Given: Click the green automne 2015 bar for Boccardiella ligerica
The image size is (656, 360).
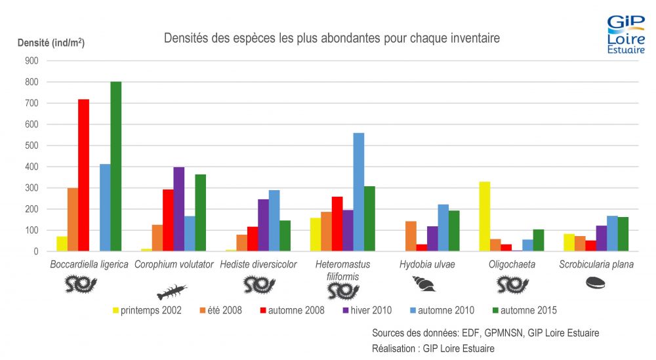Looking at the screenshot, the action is pos(116,167).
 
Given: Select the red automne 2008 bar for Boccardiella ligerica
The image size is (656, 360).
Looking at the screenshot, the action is pos(84,175).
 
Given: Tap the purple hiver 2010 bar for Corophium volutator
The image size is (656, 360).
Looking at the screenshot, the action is pos(179,209).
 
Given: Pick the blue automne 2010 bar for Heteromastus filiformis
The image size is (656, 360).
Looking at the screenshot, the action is pos(359,192).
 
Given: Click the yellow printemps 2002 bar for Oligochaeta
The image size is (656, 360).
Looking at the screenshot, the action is pos(485,216).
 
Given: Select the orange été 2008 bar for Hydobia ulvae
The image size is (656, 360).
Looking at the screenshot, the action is pos(411,236).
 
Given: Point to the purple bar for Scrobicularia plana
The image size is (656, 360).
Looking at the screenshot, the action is pos(601,238).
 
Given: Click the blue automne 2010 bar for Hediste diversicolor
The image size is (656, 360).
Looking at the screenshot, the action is pos(274,221).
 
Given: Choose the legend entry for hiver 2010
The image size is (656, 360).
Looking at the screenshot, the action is pos(367,310).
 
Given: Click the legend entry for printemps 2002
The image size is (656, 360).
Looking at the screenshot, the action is pos(147,310).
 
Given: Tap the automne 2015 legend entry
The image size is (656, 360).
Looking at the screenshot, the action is pos(525,310).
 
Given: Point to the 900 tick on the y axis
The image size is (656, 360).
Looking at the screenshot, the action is pos(31,60).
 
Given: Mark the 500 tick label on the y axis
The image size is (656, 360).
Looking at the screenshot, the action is pos(31,146).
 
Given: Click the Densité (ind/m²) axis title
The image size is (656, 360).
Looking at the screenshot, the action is pos(51,43).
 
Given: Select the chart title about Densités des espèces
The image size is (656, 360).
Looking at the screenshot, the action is pos(332,38).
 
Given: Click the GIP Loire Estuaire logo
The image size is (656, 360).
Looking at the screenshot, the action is pos(626,34).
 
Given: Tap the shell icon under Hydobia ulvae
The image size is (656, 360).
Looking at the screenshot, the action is pos(424,283).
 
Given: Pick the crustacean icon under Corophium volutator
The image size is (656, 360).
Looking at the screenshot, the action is pos(171,291).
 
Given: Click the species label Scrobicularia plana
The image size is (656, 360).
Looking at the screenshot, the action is pos(596,264).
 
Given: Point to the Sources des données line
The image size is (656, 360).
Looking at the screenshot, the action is pos(485,333).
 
